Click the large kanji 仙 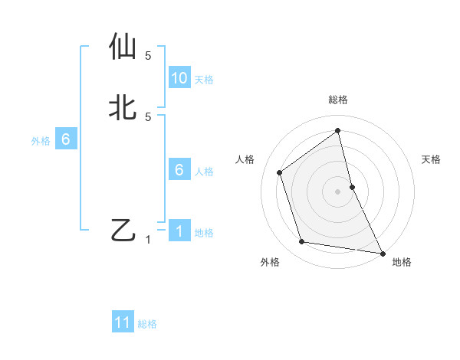coord(125,47)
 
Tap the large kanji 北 coord(125,106)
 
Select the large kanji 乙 coord(124,230)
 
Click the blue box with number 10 coord(179,78)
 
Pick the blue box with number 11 coord(123,322)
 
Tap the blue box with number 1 coord(179,231)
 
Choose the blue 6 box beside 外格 coord(66,139)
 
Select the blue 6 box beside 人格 coord(179,170)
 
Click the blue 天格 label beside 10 coord(204,80)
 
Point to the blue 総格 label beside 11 coord(147,324)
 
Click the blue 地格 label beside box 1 coord(204,233)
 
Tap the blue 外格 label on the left coord(41,141)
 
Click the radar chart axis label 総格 coord(338,100)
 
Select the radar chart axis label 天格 coord(432,159)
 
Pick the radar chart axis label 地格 coord(402,262)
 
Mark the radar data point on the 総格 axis coord(338,130)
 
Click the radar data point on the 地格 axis coord(382,252)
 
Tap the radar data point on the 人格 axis coord(280,172)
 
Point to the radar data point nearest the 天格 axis coord(352,187)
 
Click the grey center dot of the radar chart coord(338,191)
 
